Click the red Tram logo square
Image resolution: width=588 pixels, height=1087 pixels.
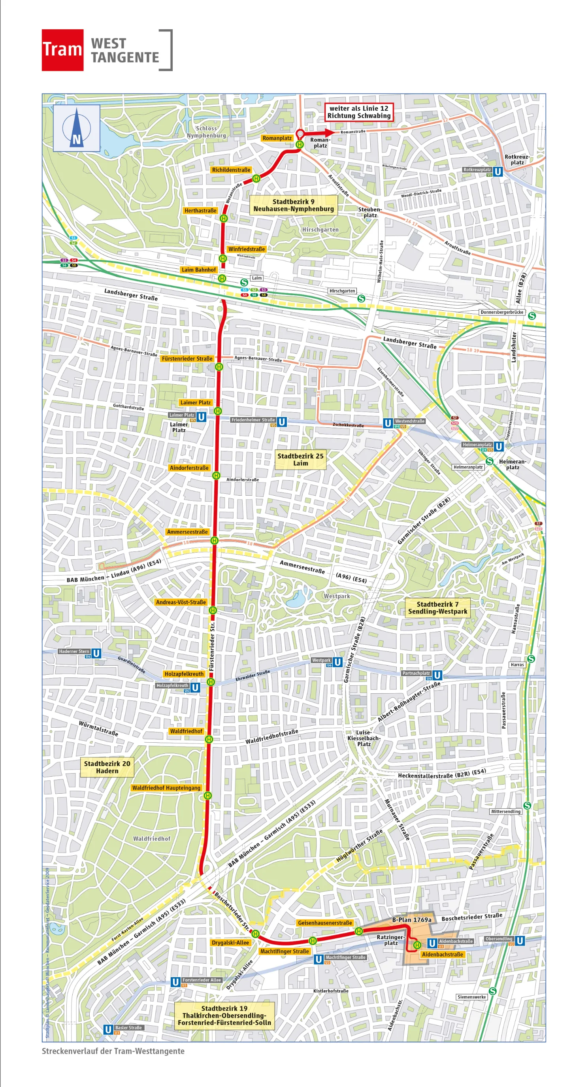[62, 50]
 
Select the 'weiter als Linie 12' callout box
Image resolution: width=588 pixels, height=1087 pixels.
[359, 112]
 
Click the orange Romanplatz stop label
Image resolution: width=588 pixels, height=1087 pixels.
[277, 138]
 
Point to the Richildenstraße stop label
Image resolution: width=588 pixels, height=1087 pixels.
[231, 170]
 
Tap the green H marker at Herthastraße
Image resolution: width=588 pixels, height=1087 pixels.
[224, 218]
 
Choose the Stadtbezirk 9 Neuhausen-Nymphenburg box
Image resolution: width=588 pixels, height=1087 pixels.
[294, 205]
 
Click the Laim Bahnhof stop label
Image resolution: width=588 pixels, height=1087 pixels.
[199, 270]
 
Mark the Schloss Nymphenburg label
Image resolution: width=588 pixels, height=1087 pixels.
[206, 132]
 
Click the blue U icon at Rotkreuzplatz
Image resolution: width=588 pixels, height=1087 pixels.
[498, 172]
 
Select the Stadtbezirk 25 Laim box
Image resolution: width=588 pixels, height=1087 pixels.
[300, 460]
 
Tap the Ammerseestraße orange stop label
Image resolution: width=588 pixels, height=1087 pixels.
[187, 532]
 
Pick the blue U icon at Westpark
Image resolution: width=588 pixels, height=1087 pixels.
[337, 662]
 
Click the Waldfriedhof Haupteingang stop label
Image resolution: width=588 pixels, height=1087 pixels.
[166, 788]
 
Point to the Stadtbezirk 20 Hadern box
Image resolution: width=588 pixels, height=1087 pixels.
[107, 767]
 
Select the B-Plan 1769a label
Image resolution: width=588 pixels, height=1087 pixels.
[412, 920]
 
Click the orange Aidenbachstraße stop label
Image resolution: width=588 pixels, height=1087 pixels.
[442, 955]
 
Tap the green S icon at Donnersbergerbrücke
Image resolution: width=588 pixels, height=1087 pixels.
[532, 316]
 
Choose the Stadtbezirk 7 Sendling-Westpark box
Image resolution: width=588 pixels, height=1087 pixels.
[437, 608]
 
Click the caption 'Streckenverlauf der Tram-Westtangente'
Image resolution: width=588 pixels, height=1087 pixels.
[113, 1051]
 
